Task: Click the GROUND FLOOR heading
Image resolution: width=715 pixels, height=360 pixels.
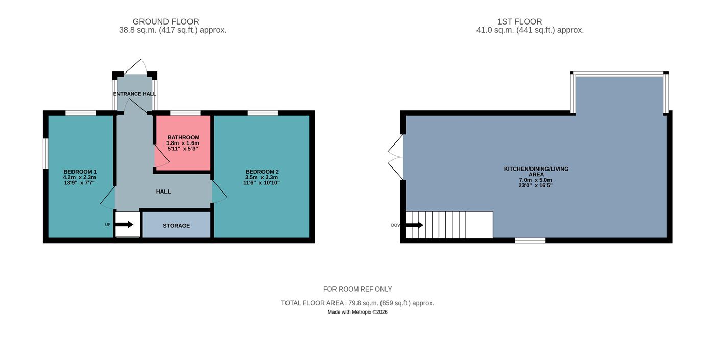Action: (165, 21)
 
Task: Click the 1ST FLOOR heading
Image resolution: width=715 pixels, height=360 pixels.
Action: (519, 21)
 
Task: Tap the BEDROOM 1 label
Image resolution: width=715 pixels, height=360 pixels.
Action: (80, 172)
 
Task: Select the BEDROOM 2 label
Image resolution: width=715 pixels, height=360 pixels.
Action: (262, 172)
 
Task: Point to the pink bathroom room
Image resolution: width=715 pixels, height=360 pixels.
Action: (183, 143)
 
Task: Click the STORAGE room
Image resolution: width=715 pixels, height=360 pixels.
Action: (177, 225)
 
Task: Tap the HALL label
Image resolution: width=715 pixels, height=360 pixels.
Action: (163, 191)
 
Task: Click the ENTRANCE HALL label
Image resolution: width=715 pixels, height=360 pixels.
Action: (134, 94)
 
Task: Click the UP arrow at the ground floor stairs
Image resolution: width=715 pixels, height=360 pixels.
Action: (124, 225)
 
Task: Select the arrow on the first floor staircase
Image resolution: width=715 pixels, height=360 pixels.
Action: (414, 225)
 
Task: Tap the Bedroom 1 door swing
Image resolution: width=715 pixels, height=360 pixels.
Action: (108, 198)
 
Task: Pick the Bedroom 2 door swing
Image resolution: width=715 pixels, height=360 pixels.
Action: (219, 191)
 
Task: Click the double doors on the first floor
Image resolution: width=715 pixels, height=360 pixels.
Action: (396, 157)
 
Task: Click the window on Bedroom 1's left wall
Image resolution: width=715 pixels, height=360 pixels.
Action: (45, 154)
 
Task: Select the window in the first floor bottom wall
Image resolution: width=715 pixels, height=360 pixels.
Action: (530, 241)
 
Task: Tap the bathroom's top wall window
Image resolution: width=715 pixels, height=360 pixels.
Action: (185, 113)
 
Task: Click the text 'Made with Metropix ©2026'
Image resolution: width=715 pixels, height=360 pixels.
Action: (357, 312)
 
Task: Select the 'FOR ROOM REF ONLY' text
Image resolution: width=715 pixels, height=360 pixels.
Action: (357, 289)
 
